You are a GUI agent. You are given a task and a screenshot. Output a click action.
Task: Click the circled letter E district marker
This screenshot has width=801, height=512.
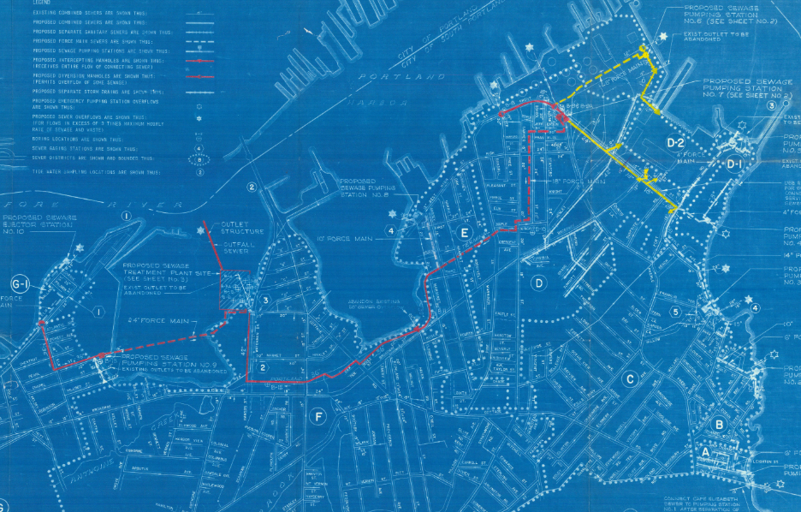point(465,232)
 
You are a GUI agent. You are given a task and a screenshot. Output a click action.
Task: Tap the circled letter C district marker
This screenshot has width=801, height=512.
point(631,379)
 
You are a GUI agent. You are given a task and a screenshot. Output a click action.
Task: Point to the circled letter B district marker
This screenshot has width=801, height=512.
point(720,424)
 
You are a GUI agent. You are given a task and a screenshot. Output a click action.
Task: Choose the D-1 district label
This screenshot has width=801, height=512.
point(734,164)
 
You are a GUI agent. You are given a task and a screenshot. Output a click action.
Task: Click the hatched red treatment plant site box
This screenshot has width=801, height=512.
point(235,293)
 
